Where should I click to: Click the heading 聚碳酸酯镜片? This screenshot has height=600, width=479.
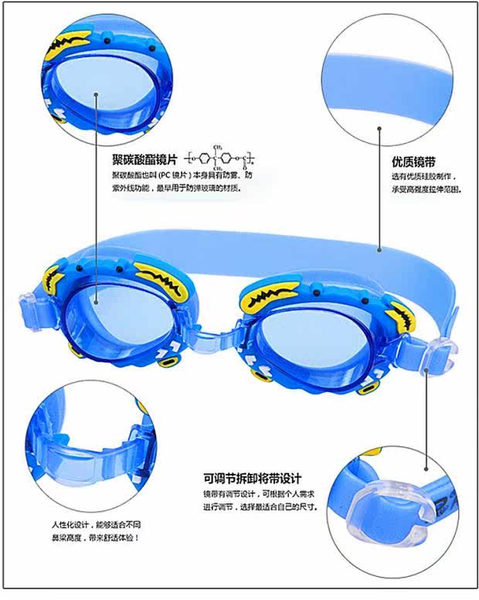coord(145,159)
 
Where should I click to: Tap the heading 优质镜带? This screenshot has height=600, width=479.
coord(413,163)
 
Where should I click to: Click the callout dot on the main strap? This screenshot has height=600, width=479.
coord(380,251)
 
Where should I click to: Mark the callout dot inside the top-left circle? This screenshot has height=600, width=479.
coord(97,96)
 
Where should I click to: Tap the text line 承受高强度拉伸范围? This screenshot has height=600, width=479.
coord(426,189)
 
